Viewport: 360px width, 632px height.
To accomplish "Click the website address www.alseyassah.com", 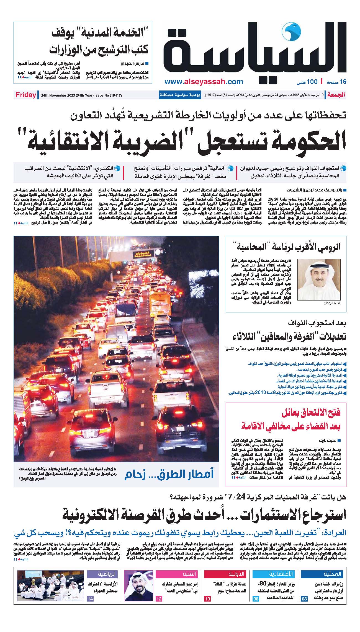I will coord(204,82).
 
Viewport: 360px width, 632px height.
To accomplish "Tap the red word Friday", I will coord(26,95).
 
